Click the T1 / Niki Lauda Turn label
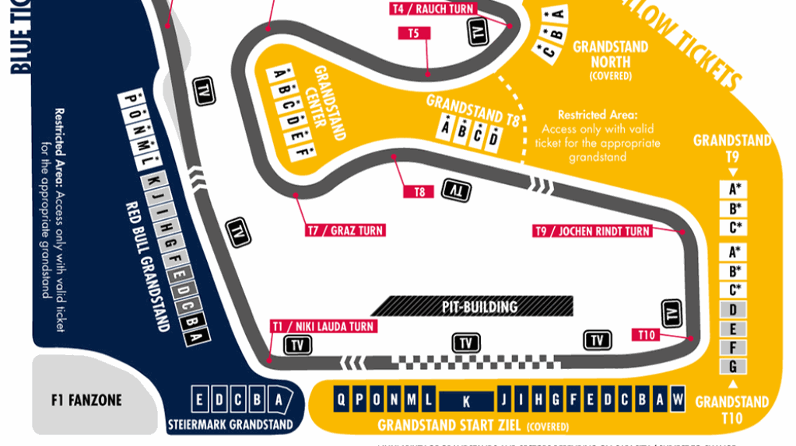click(x=322, y=326)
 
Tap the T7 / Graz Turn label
click(x=345, y=231)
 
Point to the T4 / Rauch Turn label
click(x=433, y=9)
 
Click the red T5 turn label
click(x=413, y=33)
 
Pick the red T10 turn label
click(x=647, y=335)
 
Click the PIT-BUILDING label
click(x=479, y=306)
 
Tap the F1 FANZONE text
click(x=86, y=401)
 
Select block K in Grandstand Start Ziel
click(x=466, y=401)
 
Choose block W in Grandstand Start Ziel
click(x=678, y=399)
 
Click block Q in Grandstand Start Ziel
click(x=341, y=400)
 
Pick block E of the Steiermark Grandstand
click(x=201, y=400)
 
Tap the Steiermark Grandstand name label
click(x=230, y=425)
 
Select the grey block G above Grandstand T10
click(x=732, y=366)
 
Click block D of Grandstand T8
click(x=493, y=138)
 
